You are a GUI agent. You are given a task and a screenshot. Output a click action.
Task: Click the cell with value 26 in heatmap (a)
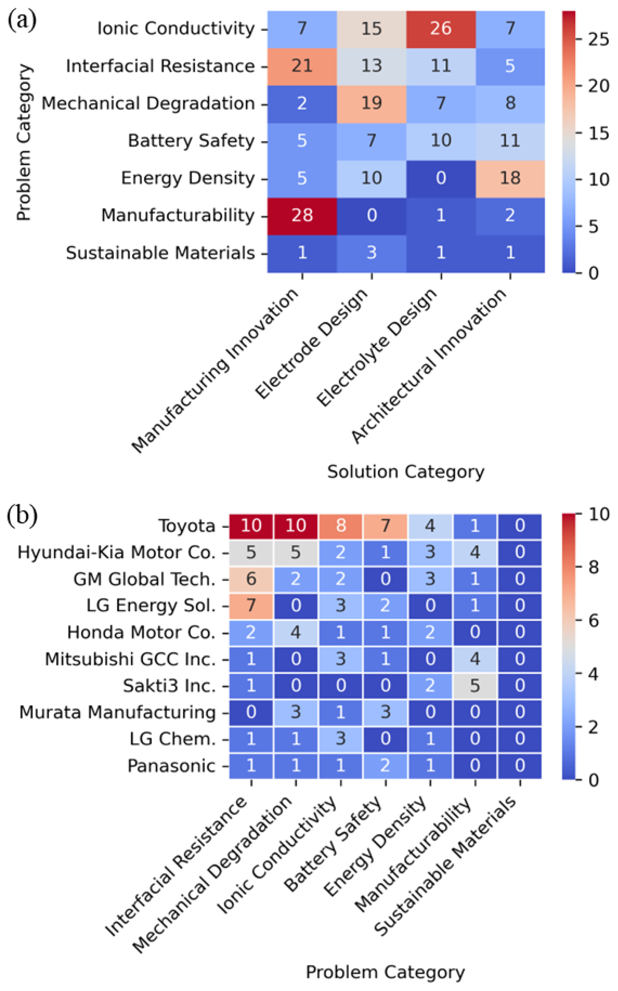(441, 29)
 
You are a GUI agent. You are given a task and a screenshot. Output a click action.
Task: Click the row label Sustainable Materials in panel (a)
(161, 253)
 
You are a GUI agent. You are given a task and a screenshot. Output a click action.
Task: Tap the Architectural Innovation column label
(429, 366)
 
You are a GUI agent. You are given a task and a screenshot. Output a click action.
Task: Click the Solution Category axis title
(406, 472)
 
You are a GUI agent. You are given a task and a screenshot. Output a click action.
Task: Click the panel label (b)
(22, 516)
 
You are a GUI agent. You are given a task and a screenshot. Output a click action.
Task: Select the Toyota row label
(187, 526)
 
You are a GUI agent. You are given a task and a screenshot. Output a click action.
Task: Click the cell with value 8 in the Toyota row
(341, 526)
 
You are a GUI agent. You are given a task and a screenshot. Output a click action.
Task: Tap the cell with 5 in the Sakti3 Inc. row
(475, 686)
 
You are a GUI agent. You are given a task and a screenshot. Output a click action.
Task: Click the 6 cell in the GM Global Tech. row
(251, 579)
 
